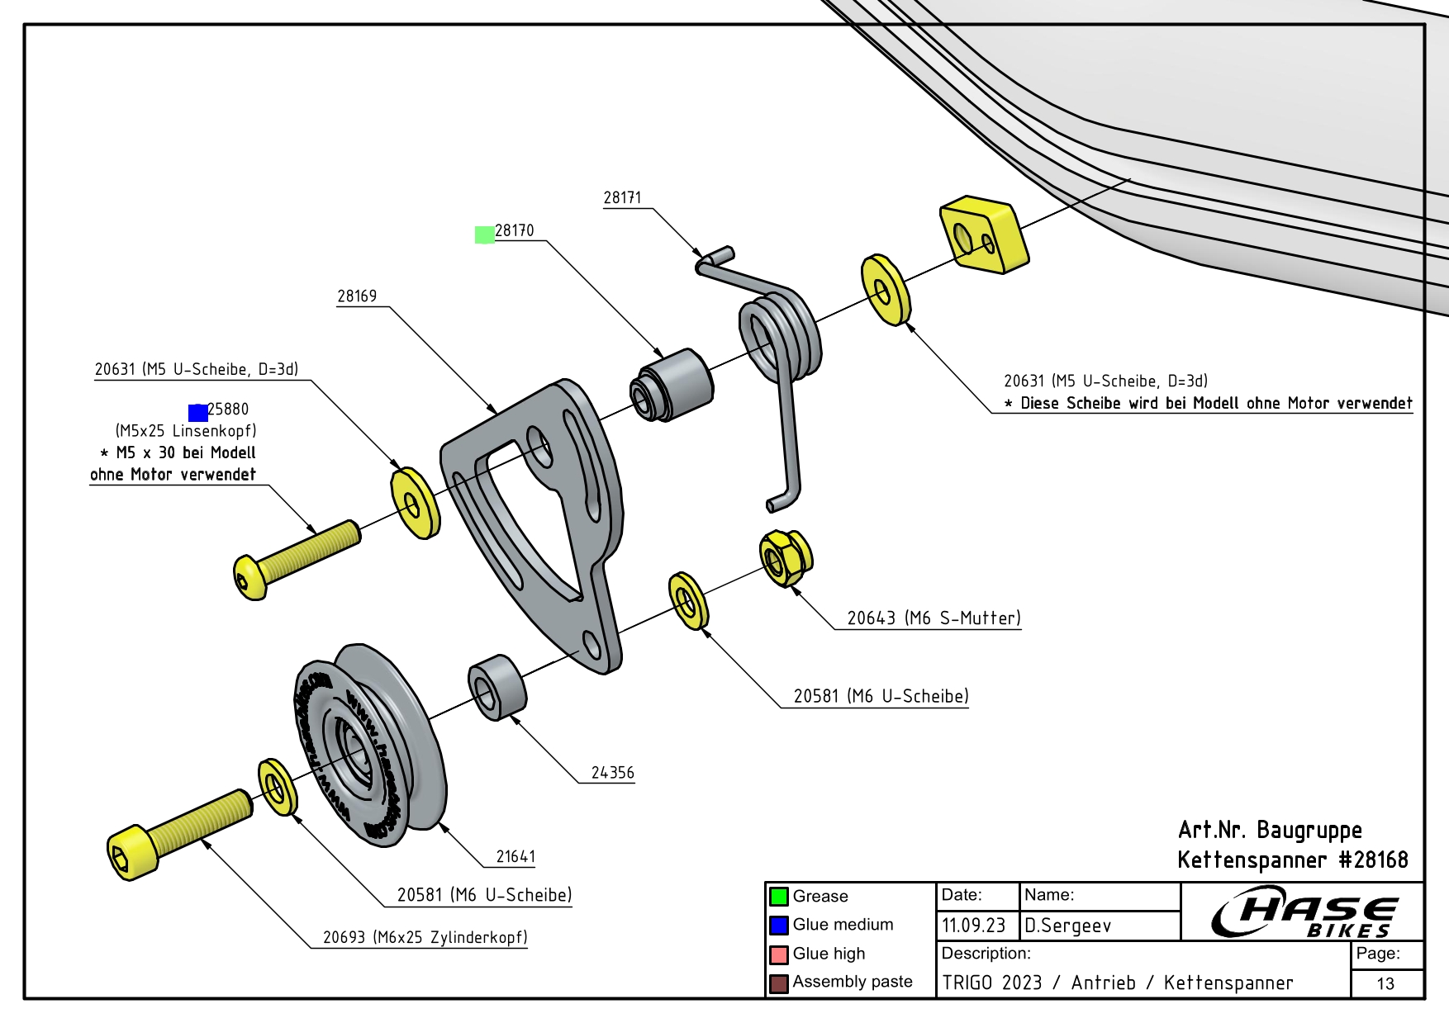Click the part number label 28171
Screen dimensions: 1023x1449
point(622,197)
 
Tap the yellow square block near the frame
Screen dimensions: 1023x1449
point(983,234)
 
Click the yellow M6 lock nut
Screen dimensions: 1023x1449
point(785,558)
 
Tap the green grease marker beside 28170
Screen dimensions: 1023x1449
point(485,235)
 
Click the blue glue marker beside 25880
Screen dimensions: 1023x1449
point(198,413)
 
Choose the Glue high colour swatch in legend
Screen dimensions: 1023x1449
point(779,954)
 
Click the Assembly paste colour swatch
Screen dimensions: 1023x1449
point(779,983)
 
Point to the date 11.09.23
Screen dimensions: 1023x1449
point(973,926)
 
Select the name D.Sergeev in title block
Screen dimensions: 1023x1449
point(1067,926)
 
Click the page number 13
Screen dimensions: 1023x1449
point(1385,983)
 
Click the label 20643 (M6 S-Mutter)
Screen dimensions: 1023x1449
point(934,618)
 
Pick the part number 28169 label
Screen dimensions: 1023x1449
point(357,296)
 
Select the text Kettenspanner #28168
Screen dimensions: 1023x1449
point(1292,860)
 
